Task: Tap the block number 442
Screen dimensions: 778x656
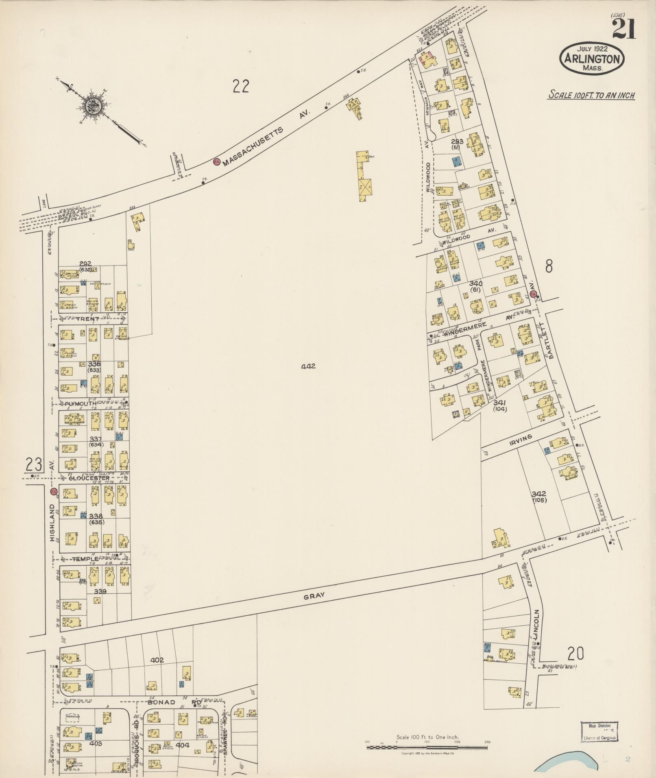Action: (x=308, y=366)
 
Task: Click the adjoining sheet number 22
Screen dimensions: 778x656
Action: (x=241, y=86)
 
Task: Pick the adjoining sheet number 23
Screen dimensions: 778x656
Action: (x=34, y=464)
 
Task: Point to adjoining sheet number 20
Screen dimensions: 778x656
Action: (x=575, y=654)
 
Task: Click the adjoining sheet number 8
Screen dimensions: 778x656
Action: (x=549, y=267)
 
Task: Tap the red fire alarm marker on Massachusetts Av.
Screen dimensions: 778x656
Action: (x=217, y=162)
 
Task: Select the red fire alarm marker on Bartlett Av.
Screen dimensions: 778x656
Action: (x=534, y=294)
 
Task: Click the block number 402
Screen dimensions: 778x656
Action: (x=157, y=660)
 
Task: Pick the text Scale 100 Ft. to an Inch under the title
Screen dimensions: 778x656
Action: (x=591, y=96)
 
